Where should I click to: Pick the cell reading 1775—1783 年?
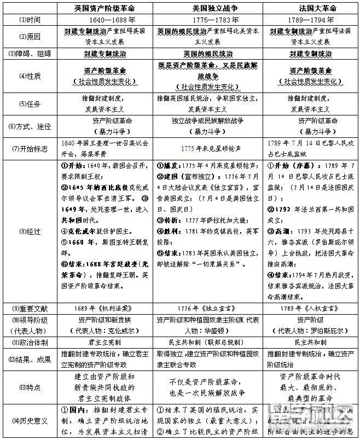[x=209, y=19]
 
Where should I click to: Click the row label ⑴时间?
[x=30, y=19]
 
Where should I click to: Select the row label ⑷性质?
[x=30, y=76]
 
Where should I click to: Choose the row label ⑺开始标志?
[x=30, y=149]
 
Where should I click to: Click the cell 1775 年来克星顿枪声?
[x=209, y=149]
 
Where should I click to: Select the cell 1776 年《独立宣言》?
[x=209, y=308]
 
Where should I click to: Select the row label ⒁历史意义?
[x=30, y=420]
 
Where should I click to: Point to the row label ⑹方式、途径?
[x=30, y=126]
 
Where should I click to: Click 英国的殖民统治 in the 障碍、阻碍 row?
[x=209, y=54]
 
